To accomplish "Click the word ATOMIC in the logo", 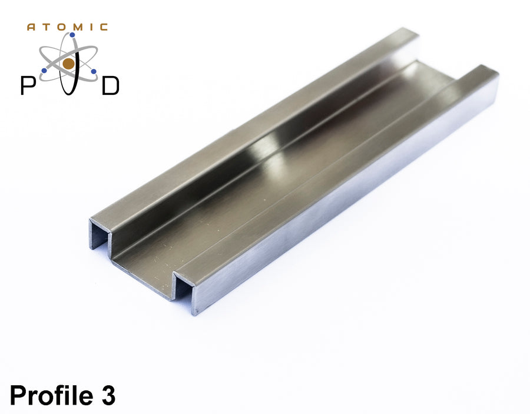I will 68,27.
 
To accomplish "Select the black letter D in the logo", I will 110,86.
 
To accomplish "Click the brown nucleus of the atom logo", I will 69,64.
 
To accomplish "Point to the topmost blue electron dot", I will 72,35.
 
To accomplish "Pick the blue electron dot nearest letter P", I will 44,70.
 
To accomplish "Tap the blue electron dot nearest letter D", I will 94,71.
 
